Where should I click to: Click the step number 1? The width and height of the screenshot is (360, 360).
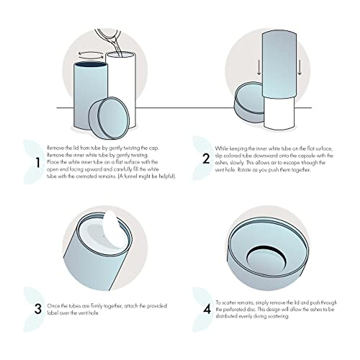tap(38, 163)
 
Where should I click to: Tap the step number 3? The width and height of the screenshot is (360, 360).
tap(38, 309)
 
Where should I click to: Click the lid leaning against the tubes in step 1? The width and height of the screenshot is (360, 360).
tap(109, 118)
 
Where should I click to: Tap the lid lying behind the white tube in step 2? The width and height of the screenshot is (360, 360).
tap(249, 102)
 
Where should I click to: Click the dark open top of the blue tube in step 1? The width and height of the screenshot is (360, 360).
tap(91, 64)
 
